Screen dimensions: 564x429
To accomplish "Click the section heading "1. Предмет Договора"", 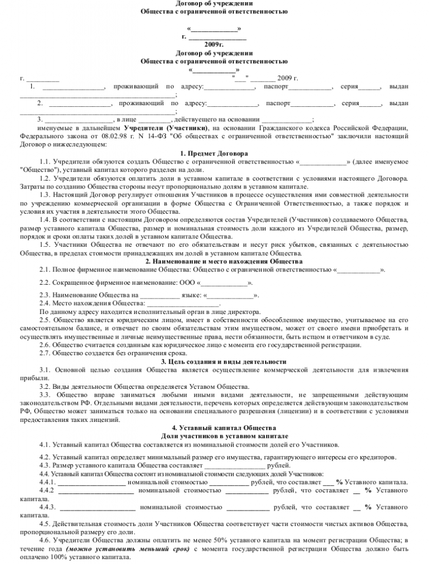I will point(214,153).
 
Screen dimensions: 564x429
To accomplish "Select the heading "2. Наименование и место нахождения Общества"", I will point(214,261).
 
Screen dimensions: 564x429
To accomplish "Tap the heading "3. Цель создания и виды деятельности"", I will point(214,361).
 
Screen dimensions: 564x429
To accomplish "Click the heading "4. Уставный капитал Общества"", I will point(214,427).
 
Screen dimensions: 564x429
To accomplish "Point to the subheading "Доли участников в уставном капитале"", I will point(214,436).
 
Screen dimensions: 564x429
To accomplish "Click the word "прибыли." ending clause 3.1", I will point(32,378).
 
